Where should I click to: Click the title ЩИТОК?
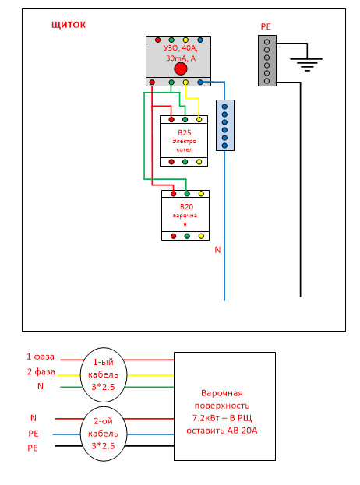[69, 25]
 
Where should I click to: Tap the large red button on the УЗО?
[181, 69]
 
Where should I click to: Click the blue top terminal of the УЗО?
[200, 40]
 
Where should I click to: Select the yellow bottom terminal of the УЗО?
[185, 83]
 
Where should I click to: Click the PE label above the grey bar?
[266, 27]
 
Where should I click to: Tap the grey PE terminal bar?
[267, 61]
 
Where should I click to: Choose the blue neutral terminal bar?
[224, 125]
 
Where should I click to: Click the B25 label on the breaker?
[185, 132]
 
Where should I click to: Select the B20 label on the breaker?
[186, 206]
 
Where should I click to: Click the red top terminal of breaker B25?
[171, 119]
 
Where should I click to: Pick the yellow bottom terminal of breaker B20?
[201, 237]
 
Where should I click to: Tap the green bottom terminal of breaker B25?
[185, 162]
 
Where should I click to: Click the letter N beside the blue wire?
[217, 250]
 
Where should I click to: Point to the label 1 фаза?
[41, 357]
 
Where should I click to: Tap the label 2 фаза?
[41, 371]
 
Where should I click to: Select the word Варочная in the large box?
[222, 393]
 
